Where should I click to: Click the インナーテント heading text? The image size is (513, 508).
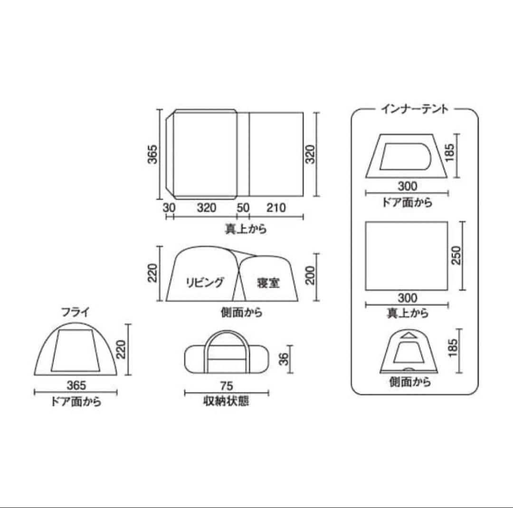(414, 109)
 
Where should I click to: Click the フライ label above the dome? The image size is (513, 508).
(75, 312)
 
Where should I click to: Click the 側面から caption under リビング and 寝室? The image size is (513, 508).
(242, 312)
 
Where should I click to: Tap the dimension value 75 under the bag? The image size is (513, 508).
(227, 385)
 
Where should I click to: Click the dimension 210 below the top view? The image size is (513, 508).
(276, 208)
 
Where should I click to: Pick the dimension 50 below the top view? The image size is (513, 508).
(243, 208)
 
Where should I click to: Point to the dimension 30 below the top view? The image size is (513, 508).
(169, 208)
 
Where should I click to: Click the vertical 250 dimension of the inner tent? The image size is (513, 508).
(456, 256)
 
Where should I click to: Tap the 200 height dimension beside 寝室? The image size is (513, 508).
(311, 274)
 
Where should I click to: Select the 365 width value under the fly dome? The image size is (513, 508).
(76, 385)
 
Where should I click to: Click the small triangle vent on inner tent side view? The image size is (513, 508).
(407, 335)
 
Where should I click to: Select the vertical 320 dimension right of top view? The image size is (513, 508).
(310, 153)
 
